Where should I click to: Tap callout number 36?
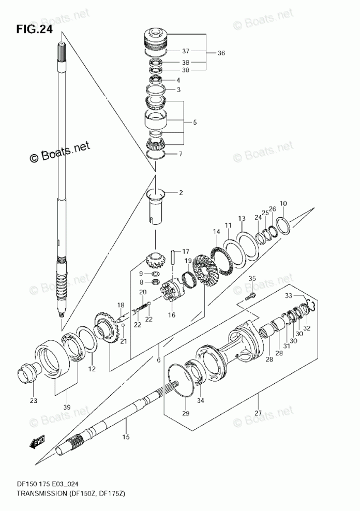(221, 53)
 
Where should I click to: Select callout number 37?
(186, 51)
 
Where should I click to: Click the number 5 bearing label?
(195, 123)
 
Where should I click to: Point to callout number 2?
(181, 193)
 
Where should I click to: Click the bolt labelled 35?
(250, 296)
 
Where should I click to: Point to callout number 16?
(171, 314)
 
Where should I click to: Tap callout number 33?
(289, 296)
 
